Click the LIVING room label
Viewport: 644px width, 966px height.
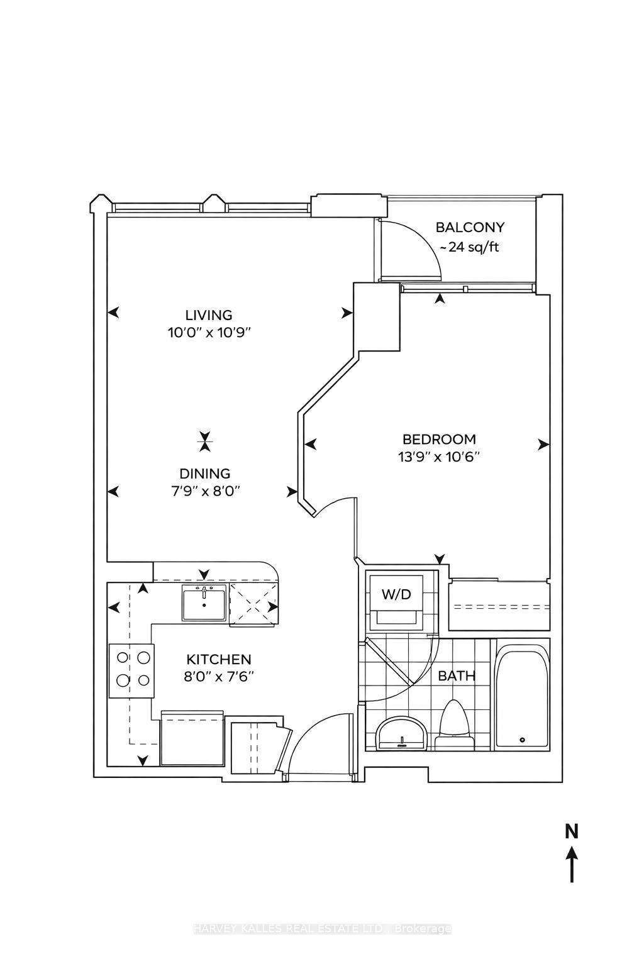coord(208,315)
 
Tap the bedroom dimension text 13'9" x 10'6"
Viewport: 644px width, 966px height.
coord(439,457)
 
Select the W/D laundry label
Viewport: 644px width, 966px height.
coord(397,594)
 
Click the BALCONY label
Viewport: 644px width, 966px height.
coord(470,228)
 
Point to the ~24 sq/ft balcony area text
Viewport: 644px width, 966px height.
coord(469,247)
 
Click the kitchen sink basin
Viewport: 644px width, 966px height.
coord(204,602)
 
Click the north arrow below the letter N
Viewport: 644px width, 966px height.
coord(572,865)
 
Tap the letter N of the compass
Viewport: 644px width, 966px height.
coord(571,831)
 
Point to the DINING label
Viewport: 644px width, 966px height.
coord(205,474)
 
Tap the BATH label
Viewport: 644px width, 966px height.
coord(457,677)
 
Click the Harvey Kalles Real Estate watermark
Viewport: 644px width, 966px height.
coord(322,929)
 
